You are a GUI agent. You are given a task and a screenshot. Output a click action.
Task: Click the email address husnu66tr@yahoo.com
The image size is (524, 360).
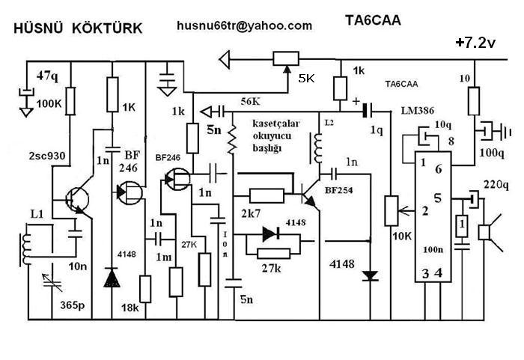244,25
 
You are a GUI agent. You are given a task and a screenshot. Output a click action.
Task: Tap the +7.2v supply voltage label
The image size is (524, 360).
475,43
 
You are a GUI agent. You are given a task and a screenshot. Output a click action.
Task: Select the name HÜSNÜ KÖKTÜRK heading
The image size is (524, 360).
79,28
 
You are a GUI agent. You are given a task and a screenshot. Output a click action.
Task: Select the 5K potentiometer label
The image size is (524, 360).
306,78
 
